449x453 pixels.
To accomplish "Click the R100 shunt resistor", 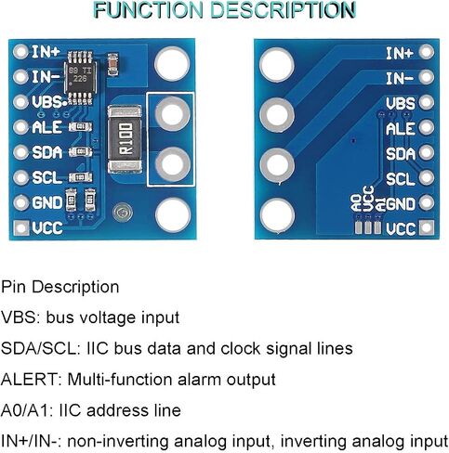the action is [125, 139].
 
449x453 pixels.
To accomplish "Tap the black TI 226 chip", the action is [80, 77].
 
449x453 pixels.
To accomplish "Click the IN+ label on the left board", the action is [46, 52].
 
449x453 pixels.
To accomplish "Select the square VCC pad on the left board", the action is [21, 227].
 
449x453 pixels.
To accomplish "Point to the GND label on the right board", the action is [401, 204].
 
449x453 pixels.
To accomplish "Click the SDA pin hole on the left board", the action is [21, 152].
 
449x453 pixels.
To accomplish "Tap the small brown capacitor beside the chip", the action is [112, 64].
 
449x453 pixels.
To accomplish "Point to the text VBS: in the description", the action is [20, 317].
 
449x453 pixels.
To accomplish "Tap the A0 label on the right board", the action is [357, 203].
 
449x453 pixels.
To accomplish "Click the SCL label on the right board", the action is [401, 179].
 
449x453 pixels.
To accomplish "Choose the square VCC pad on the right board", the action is [427, 227].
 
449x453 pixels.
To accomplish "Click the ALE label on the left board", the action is [47, 127].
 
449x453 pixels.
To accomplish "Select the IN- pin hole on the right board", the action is [427, 77].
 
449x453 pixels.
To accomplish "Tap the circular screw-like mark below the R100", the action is [123, 213].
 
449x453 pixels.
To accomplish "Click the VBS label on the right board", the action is [401, 103].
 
